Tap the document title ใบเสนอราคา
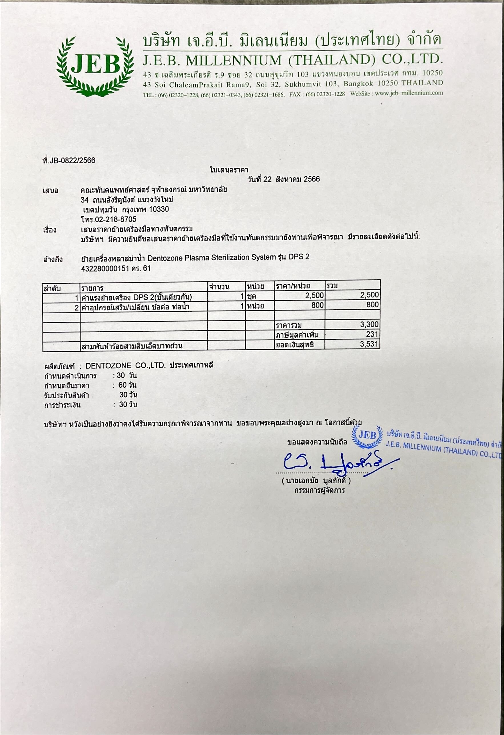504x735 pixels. point(229,170)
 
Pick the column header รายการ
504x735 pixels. point(92,288)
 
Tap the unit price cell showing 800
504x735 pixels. point(318,305)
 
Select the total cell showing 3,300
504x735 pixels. point(369,324)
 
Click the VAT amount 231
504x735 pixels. point(372,334)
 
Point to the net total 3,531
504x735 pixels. point(369,344)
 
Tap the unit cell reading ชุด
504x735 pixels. point(252,296)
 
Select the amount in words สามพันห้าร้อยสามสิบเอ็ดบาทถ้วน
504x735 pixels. point(132,346)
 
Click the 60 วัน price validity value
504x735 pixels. point(127,385)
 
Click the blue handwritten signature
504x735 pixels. point(335,462)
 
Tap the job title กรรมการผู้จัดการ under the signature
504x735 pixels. point(319,490)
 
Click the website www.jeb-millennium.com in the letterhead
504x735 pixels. point(409,93)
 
